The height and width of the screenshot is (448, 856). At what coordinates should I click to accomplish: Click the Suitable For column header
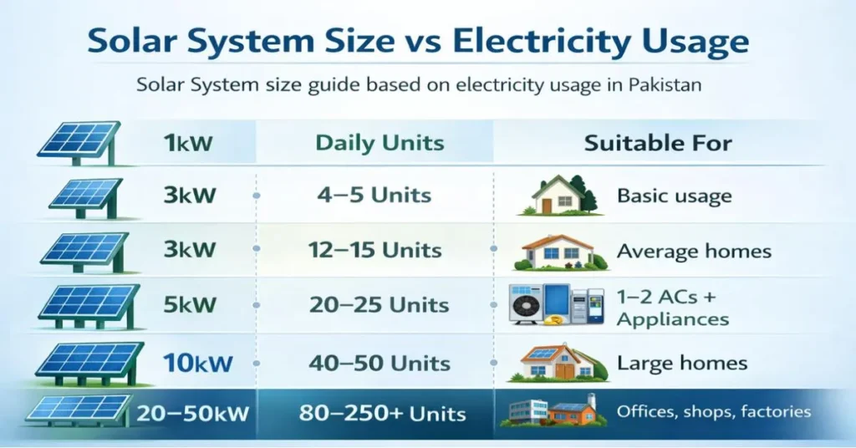[658, 143]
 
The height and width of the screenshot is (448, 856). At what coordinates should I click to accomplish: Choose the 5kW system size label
[190, 306]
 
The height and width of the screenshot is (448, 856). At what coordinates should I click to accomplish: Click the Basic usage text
[674, 196]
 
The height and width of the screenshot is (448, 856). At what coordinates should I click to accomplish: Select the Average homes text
[694, 251]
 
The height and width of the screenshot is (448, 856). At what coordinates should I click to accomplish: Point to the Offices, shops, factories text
[713, 411]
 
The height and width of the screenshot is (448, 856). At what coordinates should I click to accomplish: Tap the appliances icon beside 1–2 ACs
[556, 304]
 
